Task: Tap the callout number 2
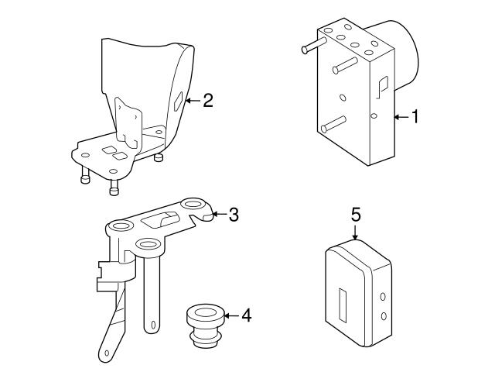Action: pyautogui.click(x=207, y=100)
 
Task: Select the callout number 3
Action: pyautogui.click(x=233, y=215)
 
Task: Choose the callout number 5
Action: pyautogui.click(x=356, y=215)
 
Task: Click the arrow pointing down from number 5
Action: pyautogui.click(x=356, y=233)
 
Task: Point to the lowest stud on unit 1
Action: pyautogui.click(x=333, y=123)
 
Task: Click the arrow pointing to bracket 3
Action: pyautogui.click(x=218, y=215)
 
